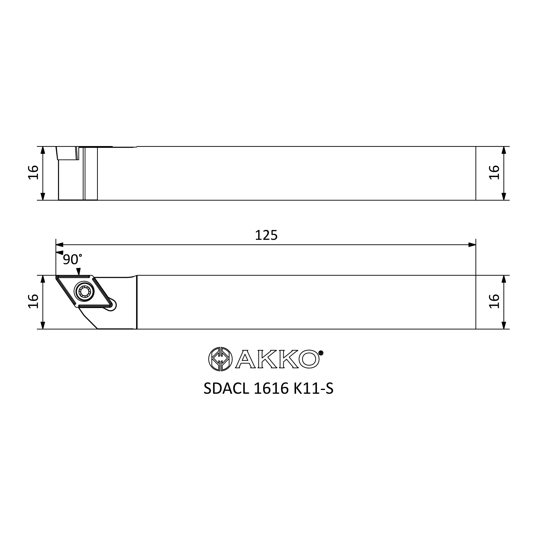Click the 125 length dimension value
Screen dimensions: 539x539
coord(266,235)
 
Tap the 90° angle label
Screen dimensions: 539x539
coord(72,259)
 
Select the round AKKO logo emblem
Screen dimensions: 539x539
coord(220,359)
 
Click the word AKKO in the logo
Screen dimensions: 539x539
coord(277,359)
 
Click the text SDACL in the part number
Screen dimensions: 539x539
coord(226,389)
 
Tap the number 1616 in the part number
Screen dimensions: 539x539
coord(271,389)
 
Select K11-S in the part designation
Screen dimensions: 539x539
coord(314,389)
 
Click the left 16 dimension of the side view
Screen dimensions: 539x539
coord(33,173)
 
